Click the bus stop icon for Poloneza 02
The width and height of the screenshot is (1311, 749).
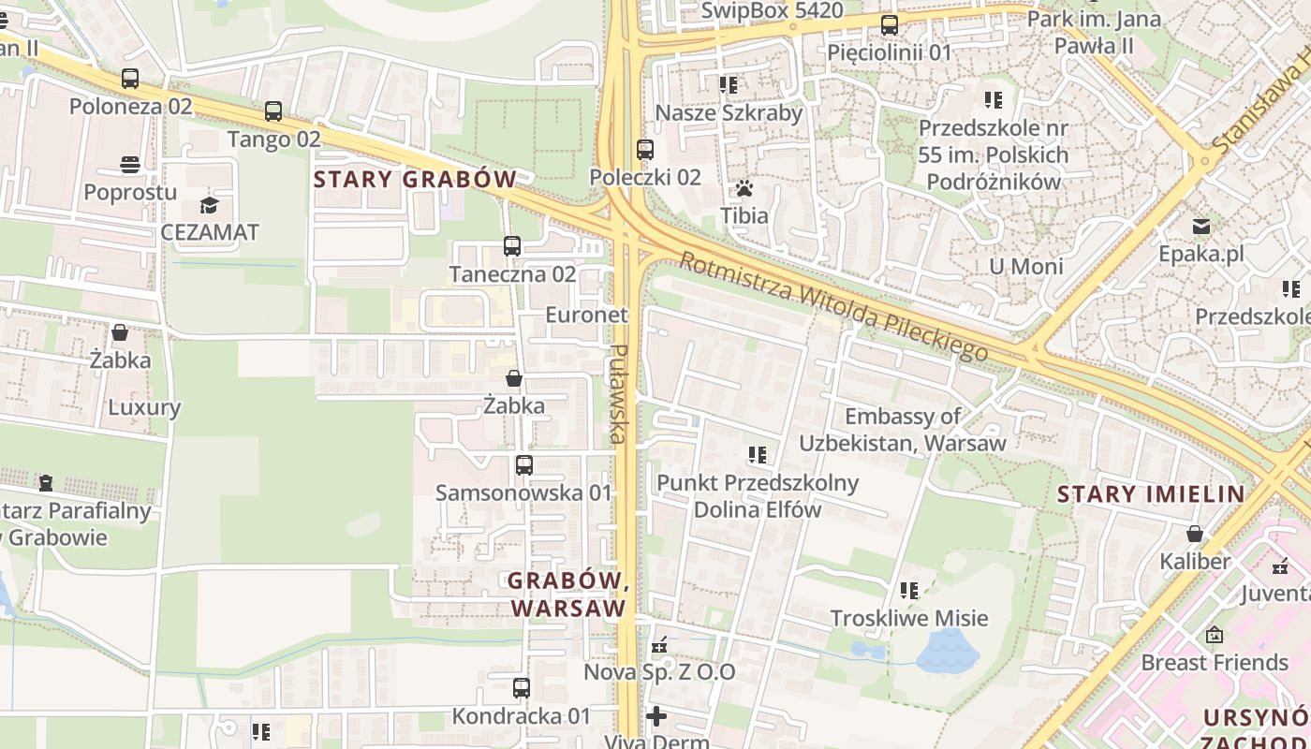pos(130,79)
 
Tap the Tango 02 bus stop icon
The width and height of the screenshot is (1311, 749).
pos(273,111)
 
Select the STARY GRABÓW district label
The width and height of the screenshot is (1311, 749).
pos(415,179)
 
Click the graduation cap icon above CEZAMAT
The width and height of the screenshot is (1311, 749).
pos(209,205)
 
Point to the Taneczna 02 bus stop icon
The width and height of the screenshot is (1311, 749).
pos(512,246)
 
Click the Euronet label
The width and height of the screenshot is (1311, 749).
pos(586,315)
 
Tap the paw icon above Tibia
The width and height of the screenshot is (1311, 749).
pos(744,188)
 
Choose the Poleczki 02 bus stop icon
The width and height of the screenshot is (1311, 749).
pos(645,149)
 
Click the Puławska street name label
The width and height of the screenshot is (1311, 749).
pos(618,393)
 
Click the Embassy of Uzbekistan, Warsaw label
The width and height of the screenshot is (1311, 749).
pos(903,430)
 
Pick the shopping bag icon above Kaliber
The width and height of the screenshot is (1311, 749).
pos(1195,534)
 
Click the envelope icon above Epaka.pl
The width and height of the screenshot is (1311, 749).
pos(1201,226)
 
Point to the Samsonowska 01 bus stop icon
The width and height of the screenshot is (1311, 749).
pos(524,464)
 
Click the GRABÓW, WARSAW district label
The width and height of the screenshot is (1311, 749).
pos(567,594)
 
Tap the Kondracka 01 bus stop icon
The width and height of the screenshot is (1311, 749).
pos(522,688)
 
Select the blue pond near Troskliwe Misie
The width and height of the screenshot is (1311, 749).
pos(947,651)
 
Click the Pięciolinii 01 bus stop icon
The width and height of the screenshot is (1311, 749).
pos(890,24)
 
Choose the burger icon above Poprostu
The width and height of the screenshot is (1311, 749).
pos(130,165)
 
